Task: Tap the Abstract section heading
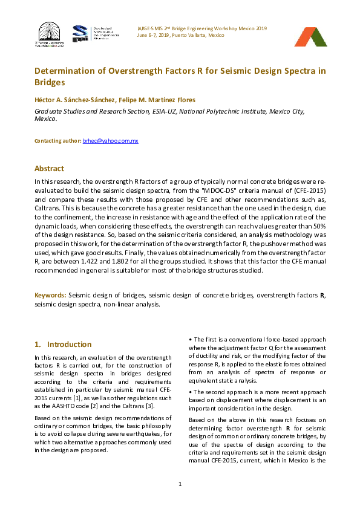pos(49,169)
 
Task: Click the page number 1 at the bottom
pos(180,484)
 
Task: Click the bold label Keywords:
pos(50,295)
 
